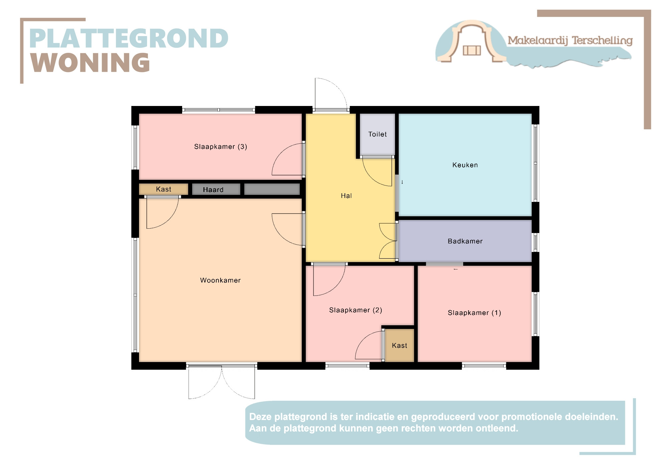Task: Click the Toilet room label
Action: [377, 134]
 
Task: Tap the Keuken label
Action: [465, 165]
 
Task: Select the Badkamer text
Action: [465, 241]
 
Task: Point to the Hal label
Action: [346, 196]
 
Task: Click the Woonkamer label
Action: [220, 280]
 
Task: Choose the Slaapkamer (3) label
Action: [221, 146]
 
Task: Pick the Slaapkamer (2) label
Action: [356, 310]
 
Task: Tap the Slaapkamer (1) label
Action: [474, 313]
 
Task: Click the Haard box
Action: [216, 189]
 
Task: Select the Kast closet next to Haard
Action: [163, 189]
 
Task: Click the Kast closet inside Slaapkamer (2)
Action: [399, 345]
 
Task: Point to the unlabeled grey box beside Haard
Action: [272, 189]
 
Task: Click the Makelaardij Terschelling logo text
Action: [570, 40]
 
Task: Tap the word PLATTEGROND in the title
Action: [129, 38]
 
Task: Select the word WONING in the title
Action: [90, 63]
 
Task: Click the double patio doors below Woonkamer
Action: [222, 382]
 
